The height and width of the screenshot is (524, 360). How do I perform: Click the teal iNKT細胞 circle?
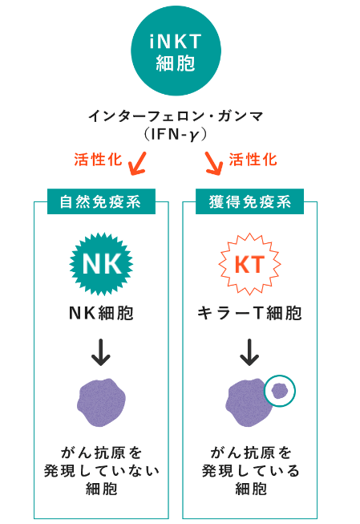(x=176, y=51)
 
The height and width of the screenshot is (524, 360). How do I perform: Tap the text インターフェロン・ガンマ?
(x=176, y=116)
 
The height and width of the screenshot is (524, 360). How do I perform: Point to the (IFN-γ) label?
(x=176, y=135)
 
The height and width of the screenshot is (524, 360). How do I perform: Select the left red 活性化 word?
(x=98, y=160)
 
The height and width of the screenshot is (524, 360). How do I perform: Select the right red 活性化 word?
(x=253, y=160)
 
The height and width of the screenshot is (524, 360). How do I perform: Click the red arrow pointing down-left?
(x=138, y=164)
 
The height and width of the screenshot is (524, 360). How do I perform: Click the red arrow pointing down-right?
(x=214, y=164)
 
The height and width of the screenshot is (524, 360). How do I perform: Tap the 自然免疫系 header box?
(x=101, y=201)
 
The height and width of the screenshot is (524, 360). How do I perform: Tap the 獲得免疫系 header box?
(x=250, y=201)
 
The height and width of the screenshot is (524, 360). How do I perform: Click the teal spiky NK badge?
(x=101, y=264)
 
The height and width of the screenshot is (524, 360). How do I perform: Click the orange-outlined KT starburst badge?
(x=250, y=264)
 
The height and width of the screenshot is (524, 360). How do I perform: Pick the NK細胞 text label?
(x=101, y=313)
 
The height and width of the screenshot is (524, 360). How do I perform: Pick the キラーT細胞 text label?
(x=250, y=313)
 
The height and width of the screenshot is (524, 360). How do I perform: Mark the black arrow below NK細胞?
(x=101, y=352)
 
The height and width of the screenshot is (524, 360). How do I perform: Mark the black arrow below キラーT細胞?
(x=249, y=352)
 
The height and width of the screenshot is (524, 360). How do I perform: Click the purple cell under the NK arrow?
(x=101, y=403)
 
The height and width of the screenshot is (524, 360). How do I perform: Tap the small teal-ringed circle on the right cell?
(x=280, y=391)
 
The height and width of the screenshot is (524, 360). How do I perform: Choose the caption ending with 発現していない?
(x=102, y=471)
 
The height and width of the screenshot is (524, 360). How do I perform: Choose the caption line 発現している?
(x=250, y=471)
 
